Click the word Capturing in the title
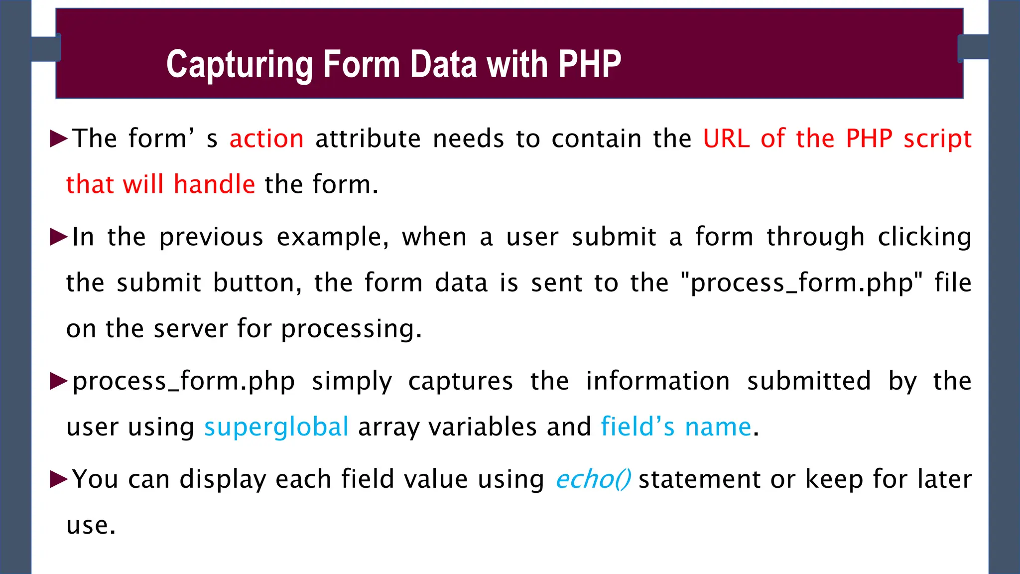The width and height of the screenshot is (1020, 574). coord(240,65)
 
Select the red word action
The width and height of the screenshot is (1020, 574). coord(266,139)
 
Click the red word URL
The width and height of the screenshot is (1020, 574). coord(726,139)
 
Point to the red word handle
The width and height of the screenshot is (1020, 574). coord(214,184)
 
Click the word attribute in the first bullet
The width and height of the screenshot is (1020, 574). coord(368,139)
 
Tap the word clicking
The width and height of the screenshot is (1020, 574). coord(924,237)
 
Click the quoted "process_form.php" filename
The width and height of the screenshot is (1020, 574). coord(801,283)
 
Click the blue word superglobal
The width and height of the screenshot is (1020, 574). coord(276,427)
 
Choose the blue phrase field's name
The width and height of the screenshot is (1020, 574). coord(676,427)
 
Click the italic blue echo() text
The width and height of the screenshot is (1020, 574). coord(593,479)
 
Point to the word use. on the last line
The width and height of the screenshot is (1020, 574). coord(91,525)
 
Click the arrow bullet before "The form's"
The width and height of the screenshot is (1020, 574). coord(59,139)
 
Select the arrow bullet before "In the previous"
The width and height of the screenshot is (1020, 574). coord(59,237)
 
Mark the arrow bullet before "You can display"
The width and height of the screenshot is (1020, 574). coord(59,479)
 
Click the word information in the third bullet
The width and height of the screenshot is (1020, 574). coord(657,381)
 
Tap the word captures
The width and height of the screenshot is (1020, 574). coord(461,381)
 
